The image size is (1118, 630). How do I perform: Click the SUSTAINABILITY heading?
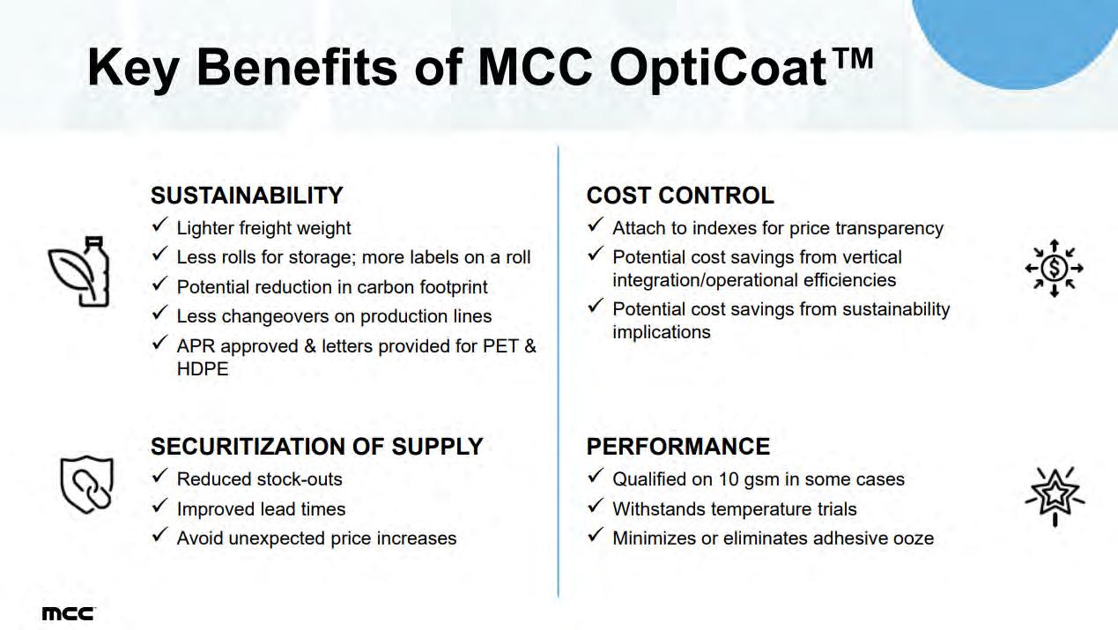(x=247, y=196)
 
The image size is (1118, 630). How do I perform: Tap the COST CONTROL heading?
(x=680, y=196)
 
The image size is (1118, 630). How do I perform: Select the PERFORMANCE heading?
(x=678, y=447)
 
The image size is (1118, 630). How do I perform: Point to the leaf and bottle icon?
(x=79, y=271)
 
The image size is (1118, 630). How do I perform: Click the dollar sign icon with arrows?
(x=1054, y=268)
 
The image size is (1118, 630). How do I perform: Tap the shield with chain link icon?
(x=87, y=485)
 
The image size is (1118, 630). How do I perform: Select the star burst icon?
(x=1055, y=496)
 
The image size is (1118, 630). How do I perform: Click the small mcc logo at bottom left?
(x=69, y=614)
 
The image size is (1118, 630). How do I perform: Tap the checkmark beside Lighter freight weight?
(x=159, y=225)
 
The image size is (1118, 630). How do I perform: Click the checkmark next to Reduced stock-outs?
(x=159, y=476)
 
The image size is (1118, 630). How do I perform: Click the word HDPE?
(x=203, y=369)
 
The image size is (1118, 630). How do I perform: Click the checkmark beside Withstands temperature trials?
(x=596, y=506)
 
